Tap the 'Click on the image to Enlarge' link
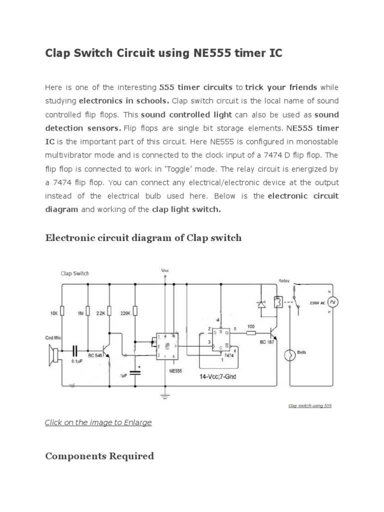98,422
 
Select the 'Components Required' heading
99,456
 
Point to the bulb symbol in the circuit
288,355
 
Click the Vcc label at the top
165,270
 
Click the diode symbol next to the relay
261,304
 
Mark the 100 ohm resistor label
251,326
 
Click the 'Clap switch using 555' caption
310,405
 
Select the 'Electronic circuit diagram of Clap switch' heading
143,237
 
